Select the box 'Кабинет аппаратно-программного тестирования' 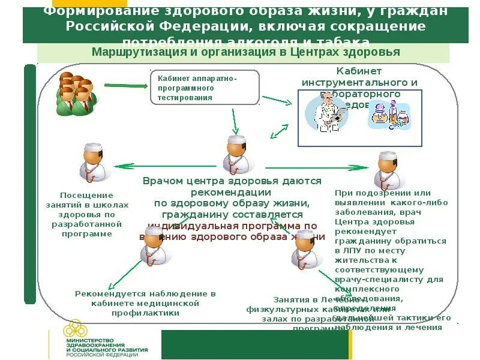point(204,88)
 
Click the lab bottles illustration point(390,115)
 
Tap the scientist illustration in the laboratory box point(327,112)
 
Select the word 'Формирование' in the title point(95,12)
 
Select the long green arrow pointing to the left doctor point(167,166)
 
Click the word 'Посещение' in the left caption point(86,195)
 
